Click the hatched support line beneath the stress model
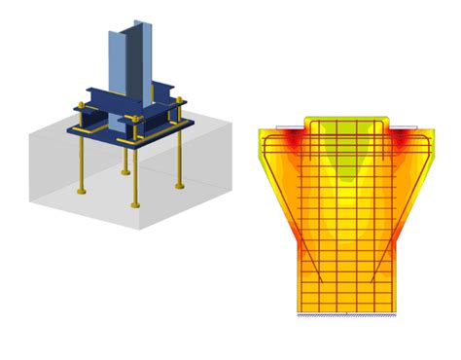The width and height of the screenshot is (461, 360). point(347,316)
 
